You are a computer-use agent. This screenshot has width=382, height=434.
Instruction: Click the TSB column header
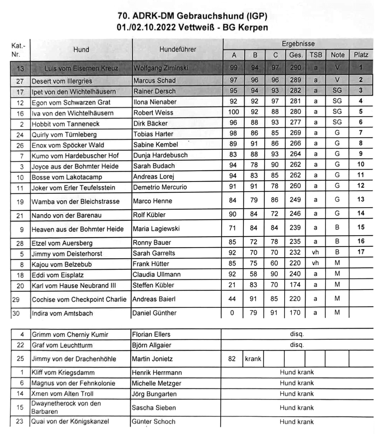click(316, 55)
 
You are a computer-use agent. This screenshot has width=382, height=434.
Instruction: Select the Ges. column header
click(295, 55)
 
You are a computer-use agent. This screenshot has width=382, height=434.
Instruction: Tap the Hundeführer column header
click(178, 50)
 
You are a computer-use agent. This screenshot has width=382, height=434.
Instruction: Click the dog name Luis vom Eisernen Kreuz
click(81, 68)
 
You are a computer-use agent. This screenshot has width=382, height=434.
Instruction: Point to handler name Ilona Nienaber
click(155, 102)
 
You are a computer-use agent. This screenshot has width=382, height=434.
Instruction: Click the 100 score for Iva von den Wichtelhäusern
click(233, 112)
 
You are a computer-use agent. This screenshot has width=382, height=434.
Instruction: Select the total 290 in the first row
click(295, 68)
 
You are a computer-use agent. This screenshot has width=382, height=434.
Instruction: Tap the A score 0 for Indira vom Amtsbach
click(232, 313)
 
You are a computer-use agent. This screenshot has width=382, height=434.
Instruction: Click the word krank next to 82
click(253, 359)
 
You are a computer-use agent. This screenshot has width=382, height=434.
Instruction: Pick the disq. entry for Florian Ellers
click(297, 334)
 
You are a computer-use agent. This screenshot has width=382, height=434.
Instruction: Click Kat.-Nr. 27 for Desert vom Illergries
click(20, 81)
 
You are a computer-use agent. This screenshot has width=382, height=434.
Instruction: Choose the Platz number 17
click(361, 252)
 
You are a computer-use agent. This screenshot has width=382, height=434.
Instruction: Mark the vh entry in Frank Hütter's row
click(315, 263)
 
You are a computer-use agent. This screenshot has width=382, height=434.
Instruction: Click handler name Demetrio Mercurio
click(160, 187)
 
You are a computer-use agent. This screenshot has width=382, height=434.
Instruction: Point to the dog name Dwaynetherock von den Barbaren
click(66, 407)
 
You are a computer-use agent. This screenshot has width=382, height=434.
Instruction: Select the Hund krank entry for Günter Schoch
click(297, 422)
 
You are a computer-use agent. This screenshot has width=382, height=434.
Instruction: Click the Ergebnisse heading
click(298, 44)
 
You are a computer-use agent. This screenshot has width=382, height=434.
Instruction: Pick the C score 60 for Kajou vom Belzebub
click(274, 263)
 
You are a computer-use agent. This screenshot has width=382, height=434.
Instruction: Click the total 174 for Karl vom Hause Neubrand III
click(295, 285)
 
